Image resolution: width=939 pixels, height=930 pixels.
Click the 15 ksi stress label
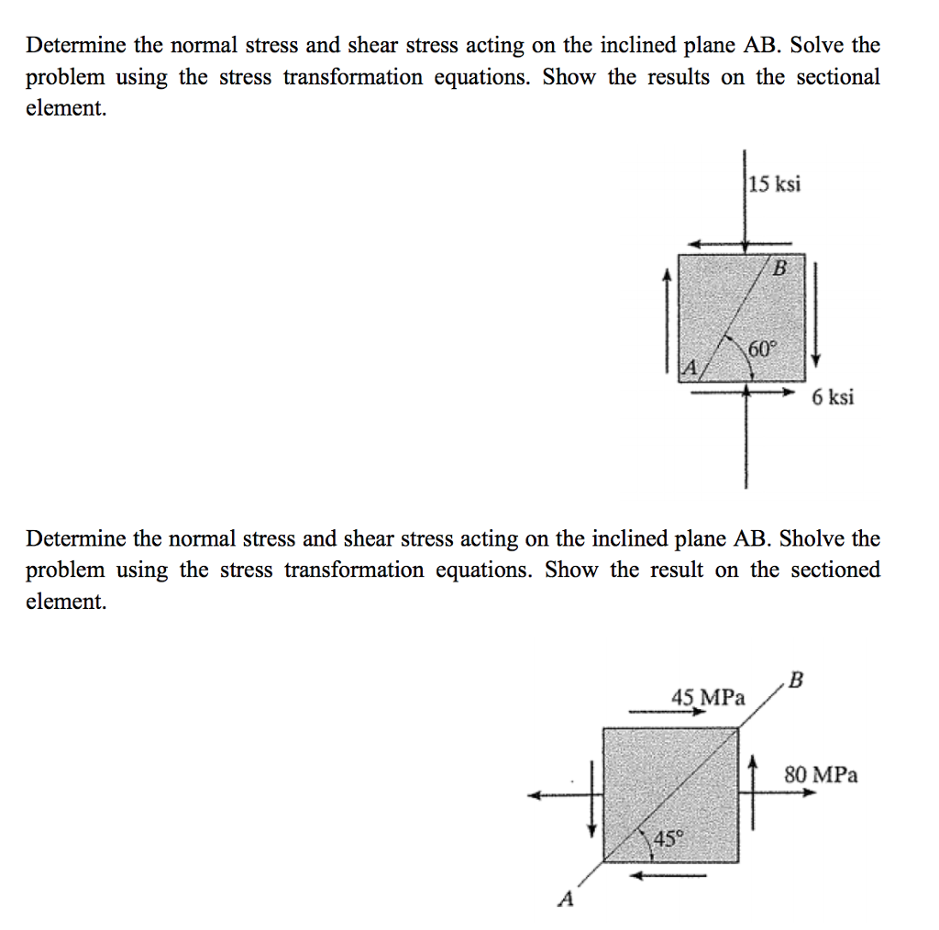pyautogui.click(x=775, y=184)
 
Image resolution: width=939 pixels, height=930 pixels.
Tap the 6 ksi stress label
pyautogui.click(x=833, y=397)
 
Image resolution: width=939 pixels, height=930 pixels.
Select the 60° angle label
pyautogui.click(x=762, y=349)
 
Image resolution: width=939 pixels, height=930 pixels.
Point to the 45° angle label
pyautogui.click(x=669, y=837)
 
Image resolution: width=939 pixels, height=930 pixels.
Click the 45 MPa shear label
pyautogui.click(x=707, y=697)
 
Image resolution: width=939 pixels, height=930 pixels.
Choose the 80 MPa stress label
pyautogui.click(x=822, y=775)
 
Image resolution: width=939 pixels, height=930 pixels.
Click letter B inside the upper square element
pyautogui.click(x=780, y=269)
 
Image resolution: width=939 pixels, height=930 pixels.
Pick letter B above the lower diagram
pyautogui.click(x=795, y=680)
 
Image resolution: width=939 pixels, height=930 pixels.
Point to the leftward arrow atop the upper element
pyautogui.click(x=720, y=244)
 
